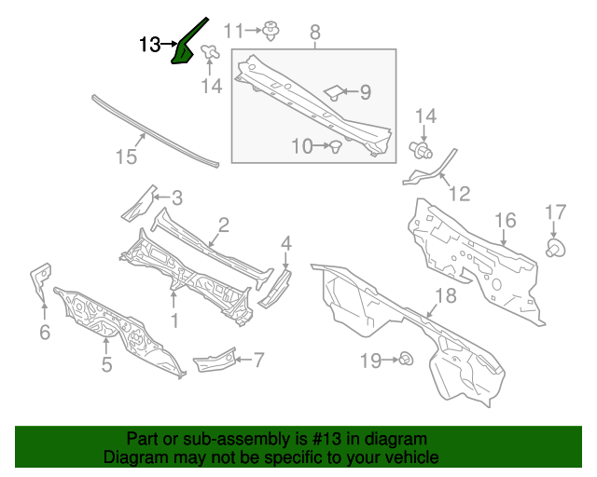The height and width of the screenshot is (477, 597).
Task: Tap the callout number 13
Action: coord(149,44)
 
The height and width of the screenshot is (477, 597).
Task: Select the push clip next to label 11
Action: coord(272,31)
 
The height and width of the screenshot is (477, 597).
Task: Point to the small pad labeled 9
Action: coord(334,91)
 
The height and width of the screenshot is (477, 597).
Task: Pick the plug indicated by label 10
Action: coord(334,144)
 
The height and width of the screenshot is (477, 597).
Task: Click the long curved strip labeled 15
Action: coord(154,130)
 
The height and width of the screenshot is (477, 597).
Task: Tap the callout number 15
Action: coord(126,157)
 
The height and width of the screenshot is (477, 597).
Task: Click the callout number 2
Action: coord(224,225)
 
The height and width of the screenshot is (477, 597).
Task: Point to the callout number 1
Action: coord(174,320)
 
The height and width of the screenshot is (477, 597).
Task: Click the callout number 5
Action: coord(106,364)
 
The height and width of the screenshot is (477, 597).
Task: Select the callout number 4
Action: coord(286,243)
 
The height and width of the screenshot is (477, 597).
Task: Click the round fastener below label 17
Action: coord(554,248)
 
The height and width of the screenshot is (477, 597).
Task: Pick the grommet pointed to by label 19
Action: coord(407,360)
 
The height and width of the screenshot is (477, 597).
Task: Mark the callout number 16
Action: coord(505,221)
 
